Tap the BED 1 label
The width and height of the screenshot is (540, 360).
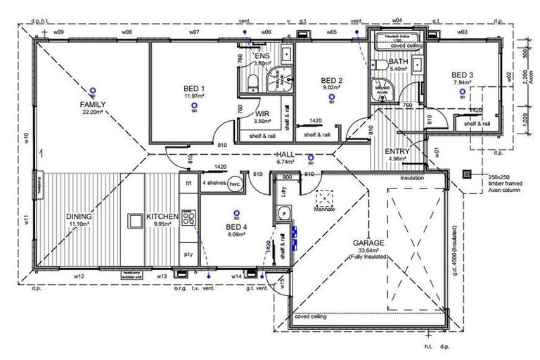tap(194, 88)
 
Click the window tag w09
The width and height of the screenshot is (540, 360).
tap(59, 32)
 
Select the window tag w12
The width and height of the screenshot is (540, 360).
tap(79, 276)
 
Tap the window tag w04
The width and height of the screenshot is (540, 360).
tap(397, 22)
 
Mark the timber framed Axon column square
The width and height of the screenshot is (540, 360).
tap(465, 174)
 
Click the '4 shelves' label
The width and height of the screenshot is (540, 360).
tap(214, 182)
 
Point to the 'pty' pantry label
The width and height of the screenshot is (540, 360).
tap(188, 253)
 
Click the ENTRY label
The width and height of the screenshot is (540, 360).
tap(397, 151)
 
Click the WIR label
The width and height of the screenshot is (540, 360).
tap(263, 112)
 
